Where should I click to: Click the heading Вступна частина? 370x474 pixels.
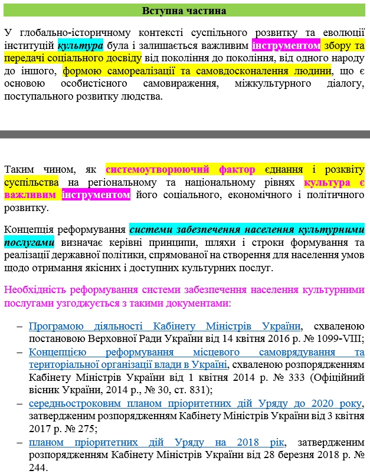[185, 11]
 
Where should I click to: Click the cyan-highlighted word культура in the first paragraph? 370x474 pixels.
[80, 45]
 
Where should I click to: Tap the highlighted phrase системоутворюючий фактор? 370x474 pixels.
[181, 170]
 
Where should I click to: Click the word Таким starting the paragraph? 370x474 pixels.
[19, 170]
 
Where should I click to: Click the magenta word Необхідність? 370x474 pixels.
[34, 289]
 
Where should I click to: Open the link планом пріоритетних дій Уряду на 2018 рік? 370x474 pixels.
[156, 442]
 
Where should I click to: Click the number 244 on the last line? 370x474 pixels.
[37, 468]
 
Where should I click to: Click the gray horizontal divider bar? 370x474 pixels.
[185, 134]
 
